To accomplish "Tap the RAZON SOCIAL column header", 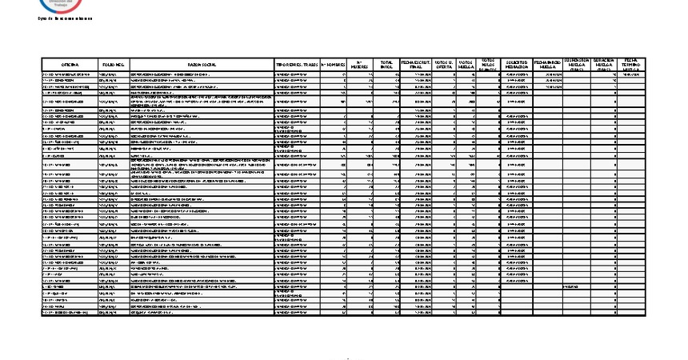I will [x=202, y=64].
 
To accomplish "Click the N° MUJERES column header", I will [x=360, y=64].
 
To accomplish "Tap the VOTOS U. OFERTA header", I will [x=444, y=64].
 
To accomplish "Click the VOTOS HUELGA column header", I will [x=467, y=64].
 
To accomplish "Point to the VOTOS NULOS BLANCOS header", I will [x=489, y=64].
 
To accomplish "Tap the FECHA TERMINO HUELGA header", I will [x=630, y=64].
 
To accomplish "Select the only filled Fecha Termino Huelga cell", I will [x=630, y=75].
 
